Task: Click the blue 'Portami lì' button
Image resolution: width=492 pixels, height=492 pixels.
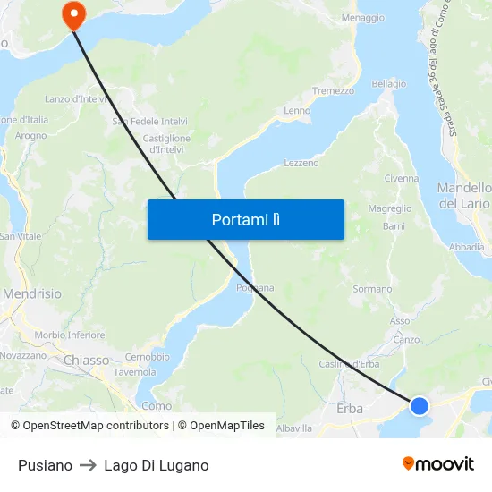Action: coord(245,219)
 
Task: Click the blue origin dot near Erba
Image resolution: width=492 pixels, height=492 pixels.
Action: coord(419,406)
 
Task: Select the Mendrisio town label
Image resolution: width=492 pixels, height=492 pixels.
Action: coord(32,293)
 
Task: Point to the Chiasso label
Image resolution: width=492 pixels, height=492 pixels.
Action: coord(87,360)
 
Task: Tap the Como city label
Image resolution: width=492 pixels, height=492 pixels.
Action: coord(157,405)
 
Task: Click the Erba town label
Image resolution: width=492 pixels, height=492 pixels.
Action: coord(350,408)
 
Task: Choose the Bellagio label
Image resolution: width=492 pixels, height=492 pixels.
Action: coord(388,84)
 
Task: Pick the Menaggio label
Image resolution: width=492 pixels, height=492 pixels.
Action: coord(363,18)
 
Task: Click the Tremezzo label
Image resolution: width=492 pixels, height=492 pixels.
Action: coord(333,91)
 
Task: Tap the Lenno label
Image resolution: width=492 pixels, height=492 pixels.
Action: coord(297,111)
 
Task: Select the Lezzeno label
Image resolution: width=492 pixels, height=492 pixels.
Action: coord(301,163)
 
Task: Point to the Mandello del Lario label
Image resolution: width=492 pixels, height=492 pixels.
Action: coord(464,196)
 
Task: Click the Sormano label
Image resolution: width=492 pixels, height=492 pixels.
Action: coord(372,289)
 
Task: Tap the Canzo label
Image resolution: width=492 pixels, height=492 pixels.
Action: coord(406,339)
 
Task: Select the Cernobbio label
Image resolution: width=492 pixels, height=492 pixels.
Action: coord(141,356)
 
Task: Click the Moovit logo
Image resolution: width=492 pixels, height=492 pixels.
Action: coord(437,463)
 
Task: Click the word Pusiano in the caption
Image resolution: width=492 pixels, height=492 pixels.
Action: coord(45,465)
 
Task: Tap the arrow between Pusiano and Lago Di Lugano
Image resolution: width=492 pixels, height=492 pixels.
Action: coord(88,465)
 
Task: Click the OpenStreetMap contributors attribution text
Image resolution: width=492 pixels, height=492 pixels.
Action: coord(90,426)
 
